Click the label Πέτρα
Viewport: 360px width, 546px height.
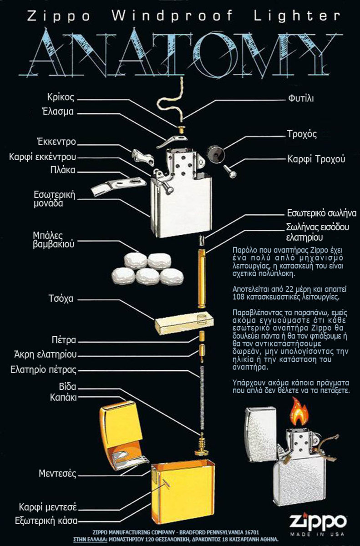63,340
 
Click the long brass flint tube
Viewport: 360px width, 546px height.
202,277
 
